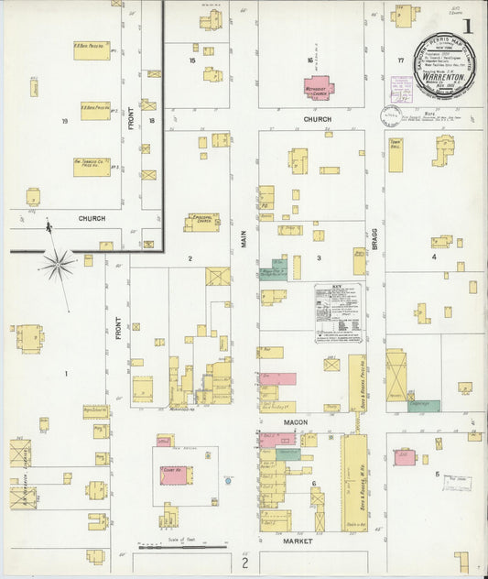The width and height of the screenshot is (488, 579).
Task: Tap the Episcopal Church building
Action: [201, 223]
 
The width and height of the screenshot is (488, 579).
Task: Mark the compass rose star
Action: [58, 265]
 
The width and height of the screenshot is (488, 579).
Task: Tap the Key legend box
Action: [338, 312]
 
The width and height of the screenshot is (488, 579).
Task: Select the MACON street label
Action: [295, 422]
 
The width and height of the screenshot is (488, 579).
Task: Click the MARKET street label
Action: [298, 541]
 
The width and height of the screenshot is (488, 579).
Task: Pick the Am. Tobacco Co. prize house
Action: [92, 167]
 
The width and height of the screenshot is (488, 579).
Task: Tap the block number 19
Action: [64, 121]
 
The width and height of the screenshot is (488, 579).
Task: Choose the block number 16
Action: [310, 60]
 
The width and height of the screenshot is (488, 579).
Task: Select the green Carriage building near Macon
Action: [423, 405]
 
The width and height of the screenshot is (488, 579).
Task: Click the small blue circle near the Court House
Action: [226, 479]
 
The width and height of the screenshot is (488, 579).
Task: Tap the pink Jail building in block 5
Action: [405, 457]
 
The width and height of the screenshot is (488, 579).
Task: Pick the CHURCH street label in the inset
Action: [92, 219]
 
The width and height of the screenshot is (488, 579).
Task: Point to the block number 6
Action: [314, 483]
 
